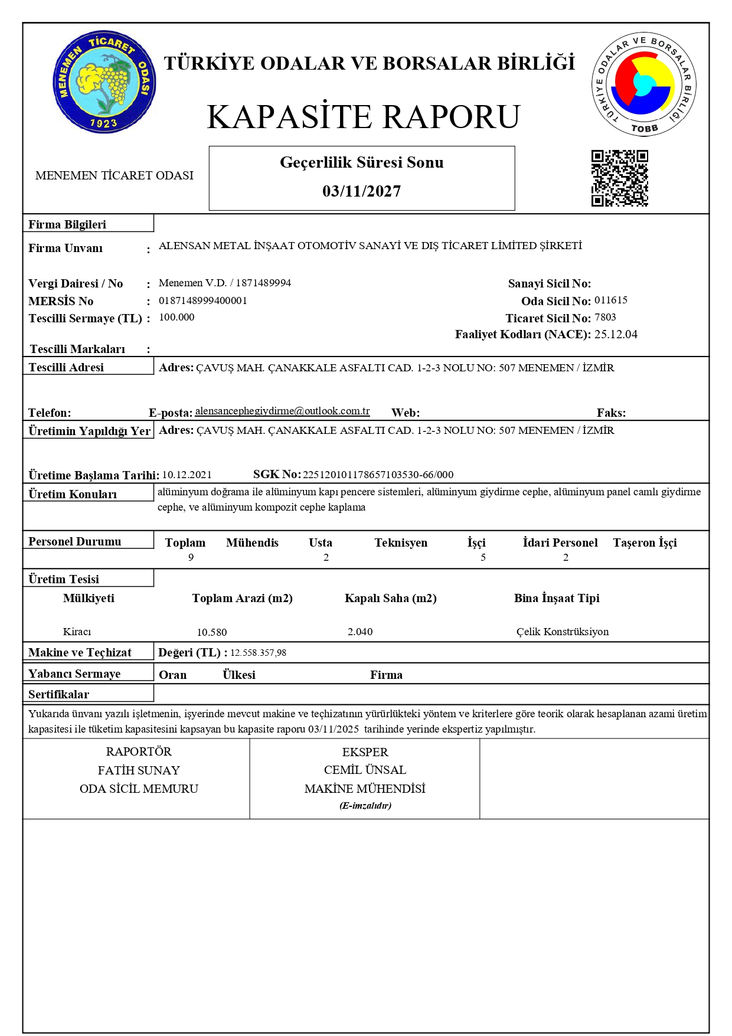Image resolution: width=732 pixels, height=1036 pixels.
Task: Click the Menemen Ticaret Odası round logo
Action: point(104,82)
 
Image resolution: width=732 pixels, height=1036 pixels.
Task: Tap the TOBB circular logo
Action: point(643,84)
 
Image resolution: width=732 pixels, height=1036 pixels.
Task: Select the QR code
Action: point(620,178)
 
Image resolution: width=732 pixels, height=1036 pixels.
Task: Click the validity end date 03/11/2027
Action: point(361,191)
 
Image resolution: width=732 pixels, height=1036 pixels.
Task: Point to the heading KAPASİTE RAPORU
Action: point(364,117)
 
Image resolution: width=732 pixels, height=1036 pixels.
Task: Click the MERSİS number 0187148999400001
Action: point(202,300)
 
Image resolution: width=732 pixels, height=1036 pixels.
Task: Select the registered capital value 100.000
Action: point(177,318)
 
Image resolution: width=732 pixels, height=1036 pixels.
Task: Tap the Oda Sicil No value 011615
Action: point(610,300)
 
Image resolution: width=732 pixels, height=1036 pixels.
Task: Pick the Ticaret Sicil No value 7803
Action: point(605,318)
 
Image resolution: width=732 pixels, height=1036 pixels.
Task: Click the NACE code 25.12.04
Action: point(616,335)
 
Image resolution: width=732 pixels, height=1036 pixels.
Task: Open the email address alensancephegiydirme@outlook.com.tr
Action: point(282,411)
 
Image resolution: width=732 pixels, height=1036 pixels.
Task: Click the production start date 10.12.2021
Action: point(187,475)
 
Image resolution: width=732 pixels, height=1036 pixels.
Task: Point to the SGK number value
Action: point(378,475)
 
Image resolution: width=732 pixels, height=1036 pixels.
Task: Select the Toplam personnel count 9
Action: point(191,557)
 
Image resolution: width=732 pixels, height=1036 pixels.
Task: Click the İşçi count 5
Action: point(483,557)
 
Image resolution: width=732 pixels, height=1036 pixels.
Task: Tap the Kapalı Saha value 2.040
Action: point(360,632)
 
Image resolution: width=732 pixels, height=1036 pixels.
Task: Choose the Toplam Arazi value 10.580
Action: point(211,632)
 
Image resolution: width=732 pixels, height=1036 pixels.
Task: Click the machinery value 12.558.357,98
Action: point(258,653)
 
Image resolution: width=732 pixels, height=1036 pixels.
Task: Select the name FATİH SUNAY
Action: point(139,770)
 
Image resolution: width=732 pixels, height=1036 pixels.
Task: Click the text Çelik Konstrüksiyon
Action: point(562,632)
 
